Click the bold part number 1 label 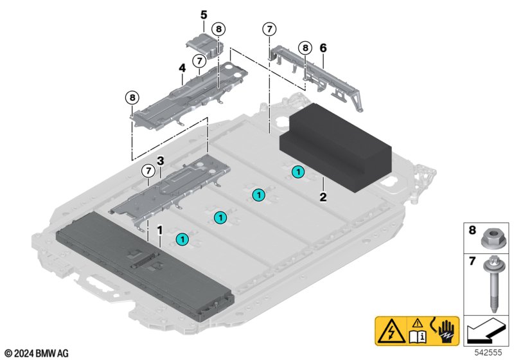[x=160, y=230]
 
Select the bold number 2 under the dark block [x=323, y=197]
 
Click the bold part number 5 [x=204, y=14]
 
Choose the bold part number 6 [x=323, y=48]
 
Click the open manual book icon [x=418, y=332]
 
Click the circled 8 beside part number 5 [x=218, y=29]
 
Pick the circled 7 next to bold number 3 [x=148, y=170]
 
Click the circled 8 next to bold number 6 [x=305, y=47]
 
